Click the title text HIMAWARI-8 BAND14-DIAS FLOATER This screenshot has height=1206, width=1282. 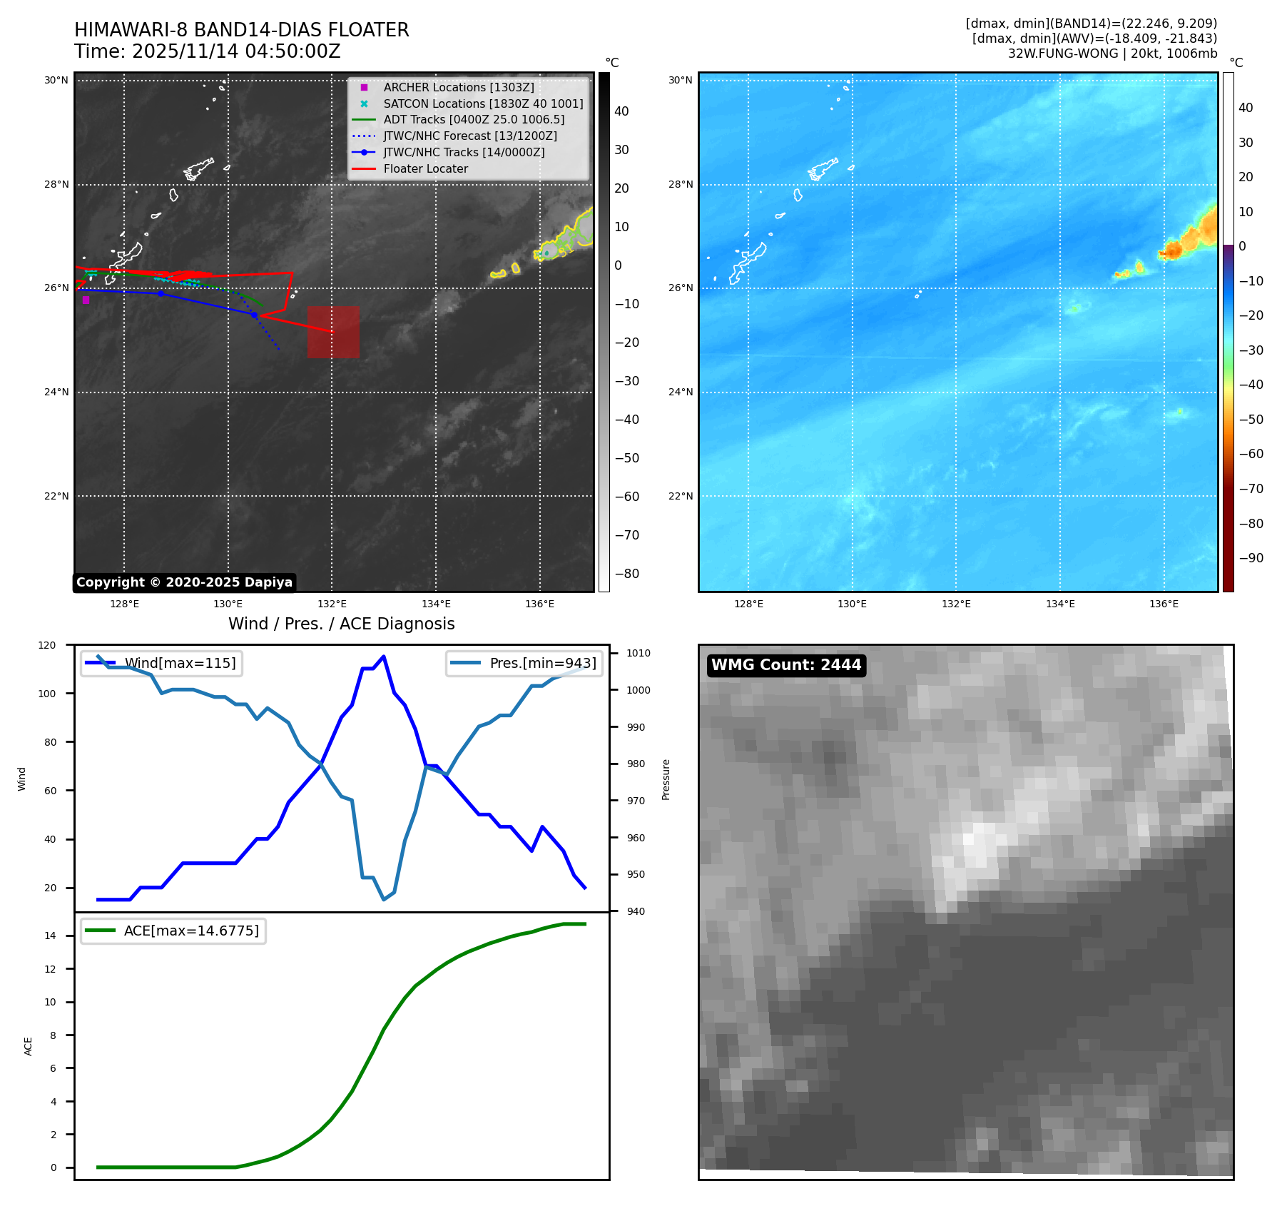(241, 30)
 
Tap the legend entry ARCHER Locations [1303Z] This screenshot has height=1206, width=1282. (458, 87)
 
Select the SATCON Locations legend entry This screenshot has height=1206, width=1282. (483, 103)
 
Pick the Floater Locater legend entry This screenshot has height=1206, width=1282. (425, 168)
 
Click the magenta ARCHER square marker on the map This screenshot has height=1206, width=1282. (86, 300)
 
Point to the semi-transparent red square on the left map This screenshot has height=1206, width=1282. (333, 332)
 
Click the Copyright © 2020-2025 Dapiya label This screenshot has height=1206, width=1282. (184, 582)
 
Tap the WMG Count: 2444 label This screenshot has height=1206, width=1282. (785, 665)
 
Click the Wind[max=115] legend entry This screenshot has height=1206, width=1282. (180, 663)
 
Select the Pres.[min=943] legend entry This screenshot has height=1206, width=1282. (542, 663)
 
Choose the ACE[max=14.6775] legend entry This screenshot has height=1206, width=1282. (191, 931)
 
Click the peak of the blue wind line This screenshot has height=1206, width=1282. (384, 657)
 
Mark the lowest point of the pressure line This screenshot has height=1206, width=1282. (384, 899)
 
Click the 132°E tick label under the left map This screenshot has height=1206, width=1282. (332, 604)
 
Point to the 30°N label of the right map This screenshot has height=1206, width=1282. (680, 80)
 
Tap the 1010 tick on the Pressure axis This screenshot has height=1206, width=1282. (639, 653)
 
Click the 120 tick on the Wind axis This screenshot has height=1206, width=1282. (47, 645)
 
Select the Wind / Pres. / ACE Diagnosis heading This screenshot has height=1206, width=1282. (341, 624)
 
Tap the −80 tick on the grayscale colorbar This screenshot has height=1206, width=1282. (627, 574)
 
